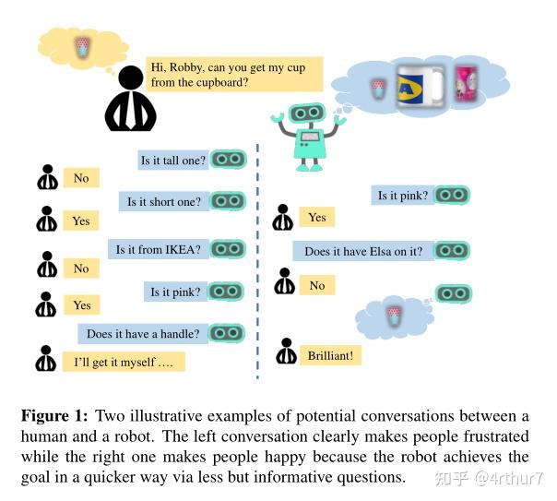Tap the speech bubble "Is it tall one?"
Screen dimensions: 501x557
(173, 160)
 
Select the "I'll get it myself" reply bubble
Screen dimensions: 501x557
(123, 362)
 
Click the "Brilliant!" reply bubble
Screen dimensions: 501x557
(330, 354)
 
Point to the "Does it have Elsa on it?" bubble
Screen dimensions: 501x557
(363, 251)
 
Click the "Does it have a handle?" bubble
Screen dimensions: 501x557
(145, 333)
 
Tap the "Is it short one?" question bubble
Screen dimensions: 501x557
(164, 201)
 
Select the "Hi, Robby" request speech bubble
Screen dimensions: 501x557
(235, 75)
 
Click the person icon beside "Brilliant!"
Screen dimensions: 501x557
(284, 353)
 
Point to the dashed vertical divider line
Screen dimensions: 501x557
(257, 258)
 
